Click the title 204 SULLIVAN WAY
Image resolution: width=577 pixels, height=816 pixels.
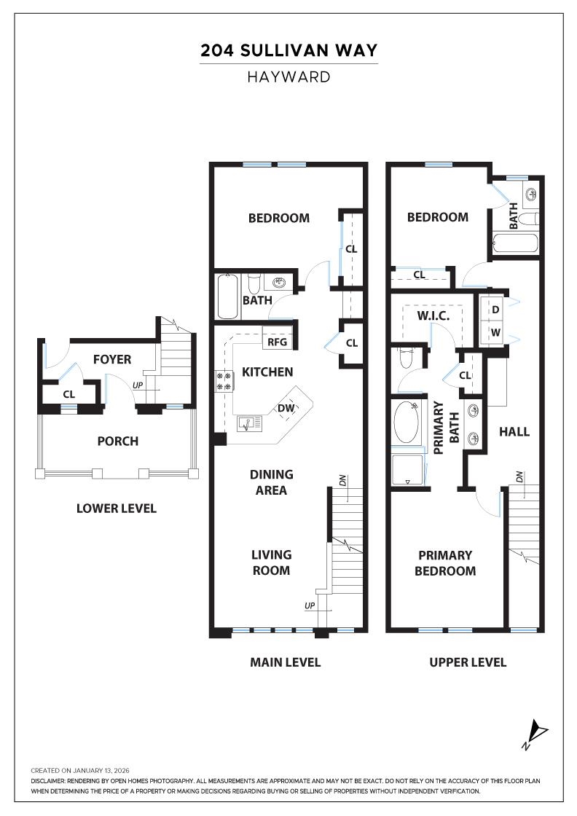(288, 50)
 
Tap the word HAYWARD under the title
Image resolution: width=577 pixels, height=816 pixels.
(288, 77)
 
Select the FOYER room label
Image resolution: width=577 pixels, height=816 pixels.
(112, 359)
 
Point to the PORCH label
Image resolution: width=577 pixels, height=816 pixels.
(117, 441)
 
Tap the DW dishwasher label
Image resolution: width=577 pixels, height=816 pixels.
(286, 408)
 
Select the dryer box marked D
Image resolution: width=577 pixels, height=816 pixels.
(495, 310)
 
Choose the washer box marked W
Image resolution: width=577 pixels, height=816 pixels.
(495, 333)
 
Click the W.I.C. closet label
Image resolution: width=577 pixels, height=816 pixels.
(433, 315)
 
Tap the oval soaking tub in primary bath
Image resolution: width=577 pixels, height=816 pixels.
(407, 423)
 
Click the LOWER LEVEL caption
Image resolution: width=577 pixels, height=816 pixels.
(116, 508)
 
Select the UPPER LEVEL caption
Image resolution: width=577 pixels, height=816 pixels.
(468, 662)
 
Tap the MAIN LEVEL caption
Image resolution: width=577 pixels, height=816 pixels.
(285, 662)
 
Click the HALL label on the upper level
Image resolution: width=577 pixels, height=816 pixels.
(514, 431)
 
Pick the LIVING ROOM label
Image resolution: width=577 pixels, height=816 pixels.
(271, 562)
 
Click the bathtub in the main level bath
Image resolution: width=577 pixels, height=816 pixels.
(228, 296)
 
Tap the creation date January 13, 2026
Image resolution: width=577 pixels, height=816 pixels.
(80, 770)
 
